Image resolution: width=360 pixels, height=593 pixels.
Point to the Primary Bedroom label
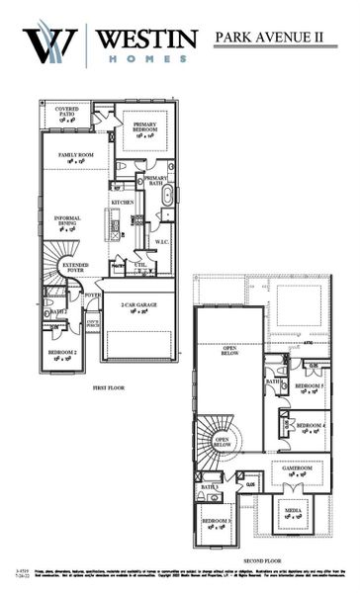coord(145,127)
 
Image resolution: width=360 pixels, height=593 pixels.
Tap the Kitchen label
coord(122,202)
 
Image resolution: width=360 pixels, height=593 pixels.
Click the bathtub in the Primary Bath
coord(168,194)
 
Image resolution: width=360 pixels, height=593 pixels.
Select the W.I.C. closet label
coord(162,240)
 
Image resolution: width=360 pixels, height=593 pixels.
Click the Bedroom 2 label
coord(62,354)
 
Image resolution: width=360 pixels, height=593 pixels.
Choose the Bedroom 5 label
coord(310,387)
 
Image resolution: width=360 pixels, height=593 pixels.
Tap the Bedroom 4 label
coord(311,428)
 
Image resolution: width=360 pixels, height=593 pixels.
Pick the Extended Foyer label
coord(75,267)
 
